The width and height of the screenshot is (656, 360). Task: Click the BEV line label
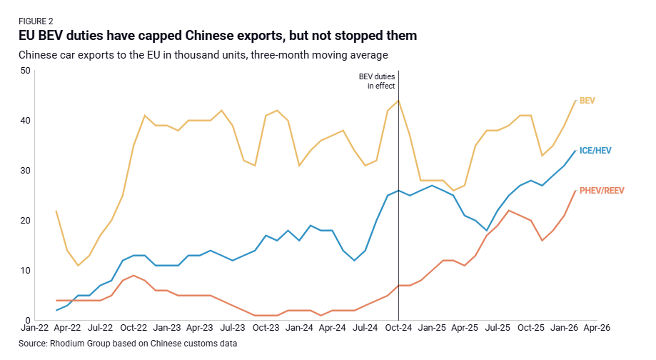587,101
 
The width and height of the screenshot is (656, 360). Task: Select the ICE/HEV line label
595,151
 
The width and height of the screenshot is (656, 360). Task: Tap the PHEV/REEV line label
601,191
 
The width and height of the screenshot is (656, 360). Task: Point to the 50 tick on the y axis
26,71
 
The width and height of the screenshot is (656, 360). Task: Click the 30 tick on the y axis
26,171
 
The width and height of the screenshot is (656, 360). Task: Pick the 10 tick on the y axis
26,271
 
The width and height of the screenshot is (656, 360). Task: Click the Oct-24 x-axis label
398,329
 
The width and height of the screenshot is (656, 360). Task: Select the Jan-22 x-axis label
34,329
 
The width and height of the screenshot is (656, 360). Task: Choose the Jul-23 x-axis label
233,329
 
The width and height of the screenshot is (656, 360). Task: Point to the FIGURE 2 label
36,21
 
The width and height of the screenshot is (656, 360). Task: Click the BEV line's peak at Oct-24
398,100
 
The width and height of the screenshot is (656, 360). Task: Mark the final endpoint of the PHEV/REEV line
575,191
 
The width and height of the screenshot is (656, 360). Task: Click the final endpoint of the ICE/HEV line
575,151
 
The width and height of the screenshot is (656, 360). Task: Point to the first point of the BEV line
56,211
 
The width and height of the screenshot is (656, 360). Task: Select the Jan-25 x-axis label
432,329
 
